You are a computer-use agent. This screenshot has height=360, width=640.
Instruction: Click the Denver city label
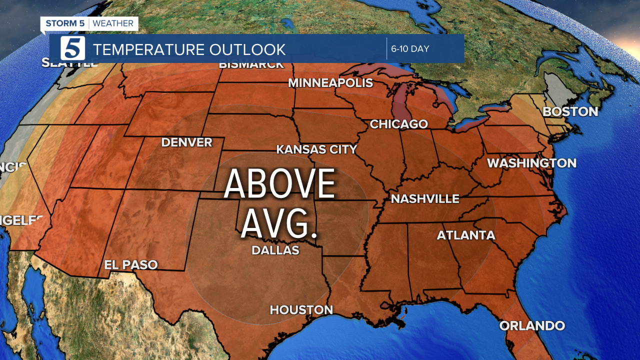[186, 142]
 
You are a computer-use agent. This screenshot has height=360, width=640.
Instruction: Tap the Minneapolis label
[330, 83]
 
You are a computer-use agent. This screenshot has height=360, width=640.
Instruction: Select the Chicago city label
[398, 124]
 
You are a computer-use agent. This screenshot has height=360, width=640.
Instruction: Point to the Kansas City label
[316, 149]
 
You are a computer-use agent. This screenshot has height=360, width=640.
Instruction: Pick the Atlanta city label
[466, 235]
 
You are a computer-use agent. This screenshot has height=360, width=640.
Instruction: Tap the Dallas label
[275, 250]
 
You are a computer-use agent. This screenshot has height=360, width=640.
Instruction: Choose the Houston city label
[301, 310]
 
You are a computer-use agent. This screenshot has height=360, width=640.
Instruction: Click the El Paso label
[130, 265]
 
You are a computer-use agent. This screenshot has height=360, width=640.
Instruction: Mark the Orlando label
[532, 326]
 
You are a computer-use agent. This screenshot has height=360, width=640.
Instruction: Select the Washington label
[531, 163]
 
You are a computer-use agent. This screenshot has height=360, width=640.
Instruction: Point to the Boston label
[570, 111]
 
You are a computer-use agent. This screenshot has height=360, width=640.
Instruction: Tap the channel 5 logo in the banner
[73, 48]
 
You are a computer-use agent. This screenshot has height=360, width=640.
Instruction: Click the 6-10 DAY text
[410, 49]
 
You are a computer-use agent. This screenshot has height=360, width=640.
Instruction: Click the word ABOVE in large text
[279, 183]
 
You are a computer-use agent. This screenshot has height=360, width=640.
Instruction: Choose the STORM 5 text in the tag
[65, 23]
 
